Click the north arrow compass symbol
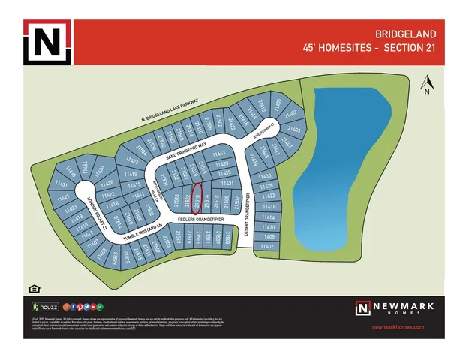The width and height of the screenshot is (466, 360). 425,84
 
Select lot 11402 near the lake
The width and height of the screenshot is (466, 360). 266,246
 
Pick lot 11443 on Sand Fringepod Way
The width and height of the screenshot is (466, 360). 221,154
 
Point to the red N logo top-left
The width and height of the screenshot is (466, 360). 47,42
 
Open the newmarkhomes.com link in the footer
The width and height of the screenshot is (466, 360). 398,327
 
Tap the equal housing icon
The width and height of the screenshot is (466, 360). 33,288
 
